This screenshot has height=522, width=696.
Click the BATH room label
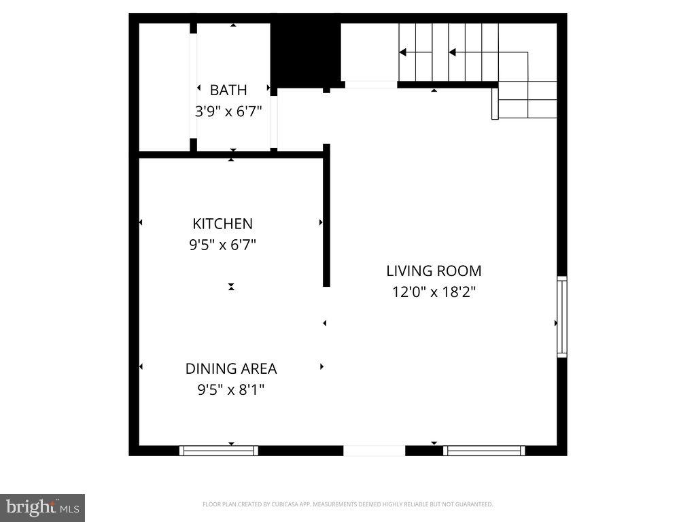[228, 90]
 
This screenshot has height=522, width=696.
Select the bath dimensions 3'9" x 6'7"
[228, 111]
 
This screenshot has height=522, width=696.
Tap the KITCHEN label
[222, 224]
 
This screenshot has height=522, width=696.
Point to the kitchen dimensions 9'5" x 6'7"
[222, 245]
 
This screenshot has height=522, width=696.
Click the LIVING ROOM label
[434, 271]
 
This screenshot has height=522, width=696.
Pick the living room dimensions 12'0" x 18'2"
[434, 292]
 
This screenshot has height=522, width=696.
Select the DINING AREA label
[231, 368]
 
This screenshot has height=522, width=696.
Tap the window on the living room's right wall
[561, 317]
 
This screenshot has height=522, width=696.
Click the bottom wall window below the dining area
[219, 451]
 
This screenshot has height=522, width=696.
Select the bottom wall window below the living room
[484, 451]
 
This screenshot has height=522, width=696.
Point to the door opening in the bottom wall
[374, 451]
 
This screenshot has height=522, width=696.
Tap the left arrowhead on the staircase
[402, 52]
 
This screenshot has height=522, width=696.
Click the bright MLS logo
[42, 507]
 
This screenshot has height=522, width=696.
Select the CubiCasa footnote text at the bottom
[347, 504]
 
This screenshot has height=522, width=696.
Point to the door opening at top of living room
[371, 85]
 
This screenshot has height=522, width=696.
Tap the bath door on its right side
[273, 119]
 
